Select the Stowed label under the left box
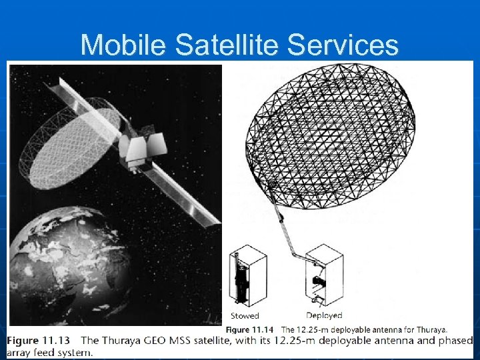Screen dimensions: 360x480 tap(244, 315)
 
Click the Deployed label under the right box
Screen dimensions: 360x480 tap(324, 315)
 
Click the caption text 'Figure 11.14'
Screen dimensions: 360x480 tap(249, 329)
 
